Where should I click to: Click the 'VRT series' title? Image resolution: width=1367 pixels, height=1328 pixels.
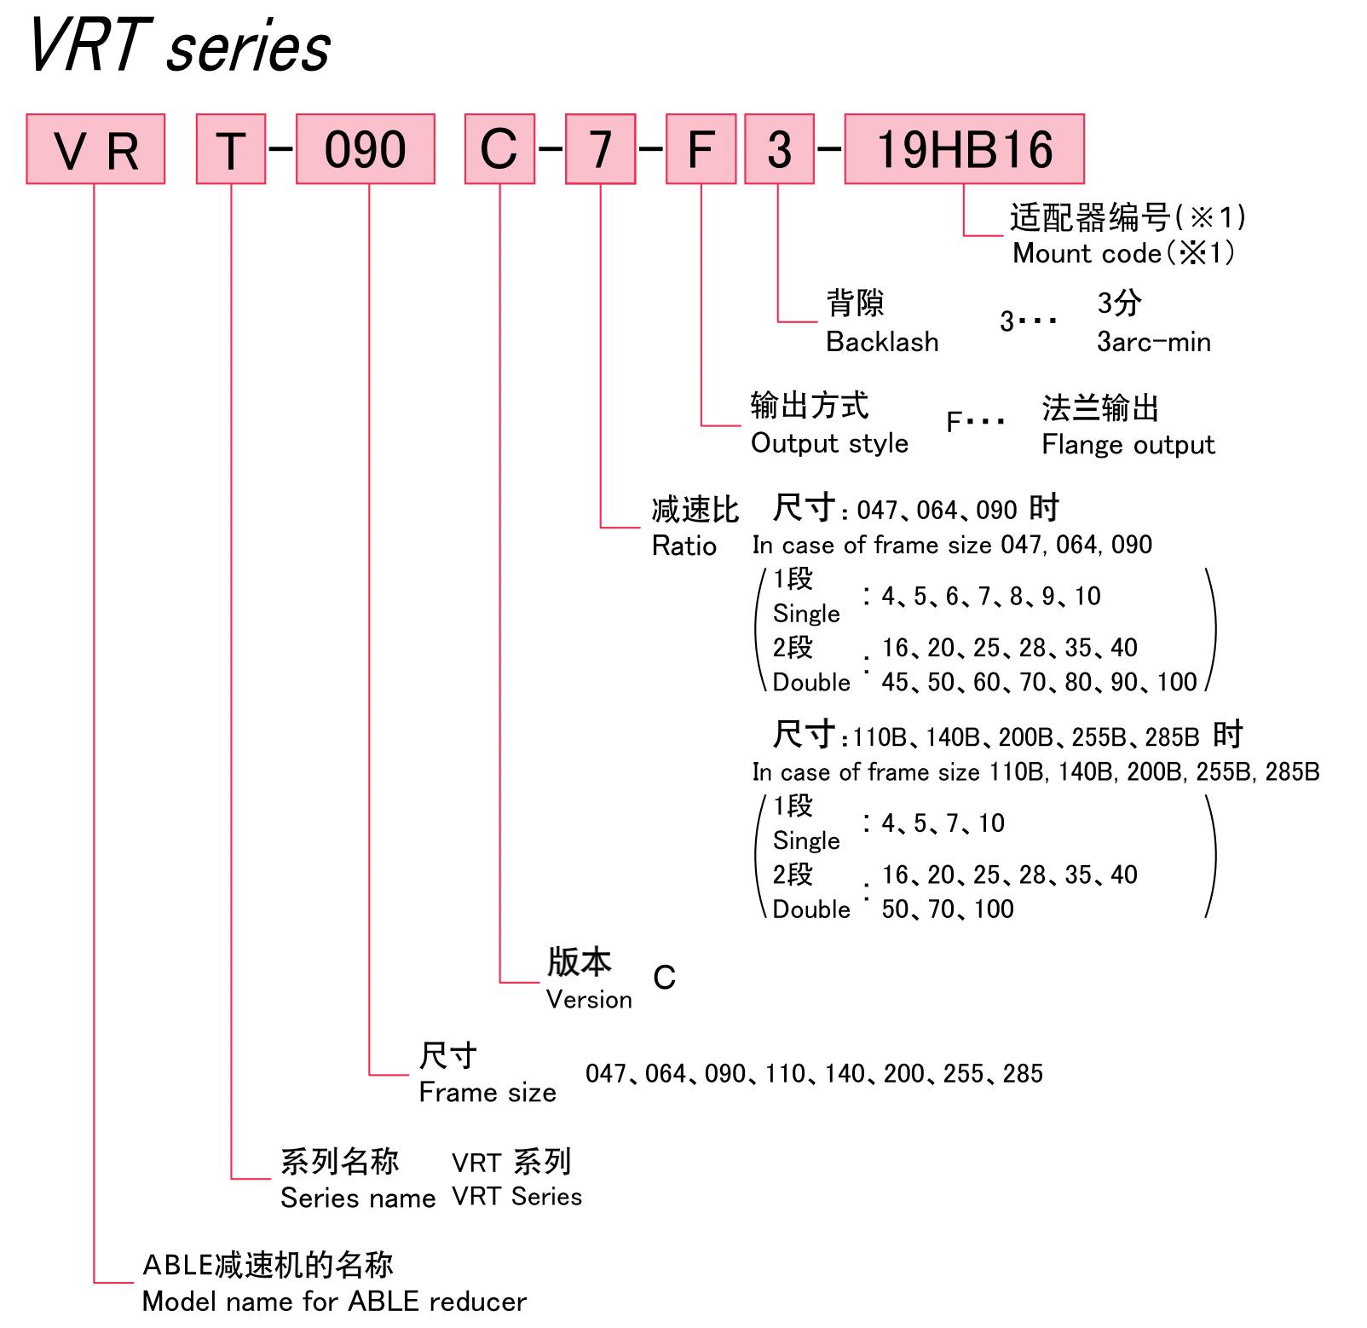pos(179,46)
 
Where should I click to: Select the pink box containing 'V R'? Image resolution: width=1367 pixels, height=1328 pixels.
pos(95,149)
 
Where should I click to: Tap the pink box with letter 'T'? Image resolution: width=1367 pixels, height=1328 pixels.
pos(231,149)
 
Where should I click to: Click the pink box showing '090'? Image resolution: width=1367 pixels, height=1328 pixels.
pos(366,149)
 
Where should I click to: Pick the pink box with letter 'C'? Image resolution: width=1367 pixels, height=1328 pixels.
pos(499,149)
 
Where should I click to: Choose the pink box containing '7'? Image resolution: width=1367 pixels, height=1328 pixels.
pos(601,149)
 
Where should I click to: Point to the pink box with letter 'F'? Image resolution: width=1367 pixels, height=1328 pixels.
pos(701,149)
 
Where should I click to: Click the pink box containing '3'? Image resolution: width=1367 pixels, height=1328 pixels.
pos(780,149)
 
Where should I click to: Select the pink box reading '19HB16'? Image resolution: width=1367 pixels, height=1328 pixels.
pos(965,149)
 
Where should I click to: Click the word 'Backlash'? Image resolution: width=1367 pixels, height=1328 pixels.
pos(882,342)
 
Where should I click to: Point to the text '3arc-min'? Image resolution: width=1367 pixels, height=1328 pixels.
pos(1153,342)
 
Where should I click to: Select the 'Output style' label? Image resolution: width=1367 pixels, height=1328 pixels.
pos(829,443)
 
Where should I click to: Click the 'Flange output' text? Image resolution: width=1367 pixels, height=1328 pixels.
pos(1128,445)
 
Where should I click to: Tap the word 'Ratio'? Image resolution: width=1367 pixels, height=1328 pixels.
pos(684,546)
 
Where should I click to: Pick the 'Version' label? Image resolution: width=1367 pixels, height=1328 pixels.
pos(589,999)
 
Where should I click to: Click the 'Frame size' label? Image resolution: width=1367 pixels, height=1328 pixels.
pos(487,1093)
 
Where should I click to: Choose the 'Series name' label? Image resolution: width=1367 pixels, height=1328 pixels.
pos(358,1198)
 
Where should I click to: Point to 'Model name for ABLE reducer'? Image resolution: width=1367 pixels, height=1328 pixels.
pos(334,1302)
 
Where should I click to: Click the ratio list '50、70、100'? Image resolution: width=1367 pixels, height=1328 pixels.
pos(948,909)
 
